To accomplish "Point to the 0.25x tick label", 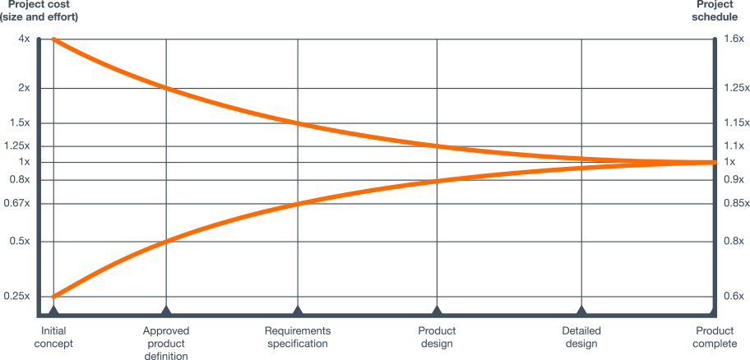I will tap(17, 296).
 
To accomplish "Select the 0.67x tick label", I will tap(17, 203).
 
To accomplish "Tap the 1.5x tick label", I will tap(20, 123).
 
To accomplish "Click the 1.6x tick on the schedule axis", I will tap(734, 39).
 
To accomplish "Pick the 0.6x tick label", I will tap(734, 296).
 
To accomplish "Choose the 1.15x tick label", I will tap(736, 123).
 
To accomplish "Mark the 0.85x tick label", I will tap(736, 203).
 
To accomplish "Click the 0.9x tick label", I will tap(734, 179).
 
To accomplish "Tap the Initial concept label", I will tap(53, 337).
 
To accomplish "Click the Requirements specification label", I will tap(298, 337).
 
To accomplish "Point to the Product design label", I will tap(437, 337).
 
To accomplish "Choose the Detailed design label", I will tap(581, 337).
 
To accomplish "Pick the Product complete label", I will tap(712, 337).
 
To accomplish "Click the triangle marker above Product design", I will tap(437, 311).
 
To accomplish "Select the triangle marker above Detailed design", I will tap(581, 311).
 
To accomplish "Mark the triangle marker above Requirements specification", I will tap(298, 311).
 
